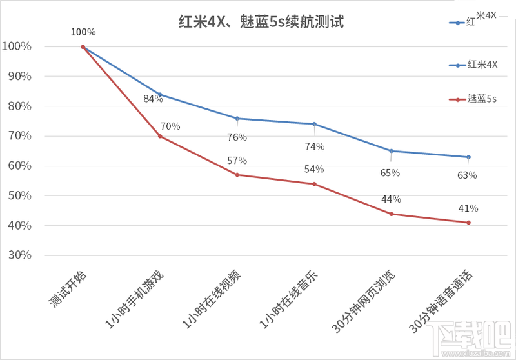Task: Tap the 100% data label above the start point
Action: pyautogui.click(x=83, y=32)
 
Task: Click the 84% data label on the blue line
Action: pyautogui.click(x=153, y=99)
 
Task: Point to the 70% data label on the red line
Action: pyautogui.click(x=171, y=126)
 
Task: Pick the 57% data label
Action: pyautogui.click(x=237, y=161)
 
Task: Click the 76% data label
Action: pyautogui.click(x=237, y=137)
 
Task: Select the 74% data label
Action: pyautogui.click(x=315, y=146)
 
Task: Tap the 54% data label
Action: pyautogui.click(x=314, y=170)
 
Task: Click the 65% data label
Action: pyautogui.click(x=390, y=173)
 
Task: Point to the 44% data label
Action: pyautogui.click(x=391, y=199)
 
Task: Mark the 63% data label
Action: pyautogui.click(x=467, y=175)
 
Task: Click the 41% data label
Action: pyautogui.click(x=468, y=208)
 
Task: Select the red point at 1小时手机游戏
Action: pyautogui.click(x=160, y=136)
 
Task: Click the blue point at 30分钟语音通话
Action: pyautogui.click(x=468, y=157)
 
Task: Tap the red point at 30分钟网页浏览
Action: pyautogui.click(x=392, y=214)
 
